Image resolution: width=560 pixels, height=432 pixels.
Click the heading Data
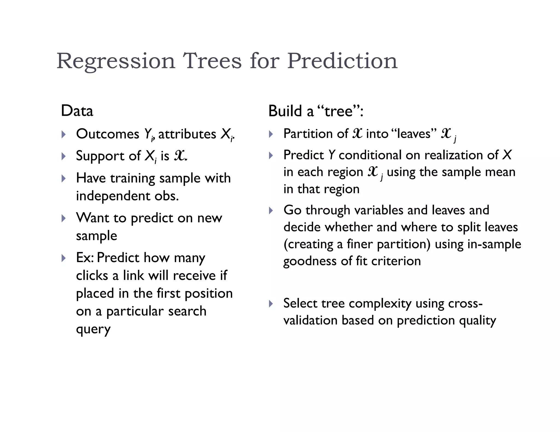click(x=77, y=111)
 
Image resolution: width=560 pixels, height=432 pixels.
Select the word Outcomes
click(x=107, y=134)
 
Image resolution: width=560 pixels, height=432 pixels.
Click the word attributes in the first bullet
click(x=187, y=134)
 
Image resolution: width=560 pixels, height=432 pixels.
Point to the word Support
click(x=100, y=156)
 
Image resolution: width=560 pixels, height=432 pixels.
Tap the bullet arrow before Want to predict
click(x=64, y=218)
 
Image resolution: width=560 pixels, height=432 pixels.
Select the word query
click(x=93, y=330)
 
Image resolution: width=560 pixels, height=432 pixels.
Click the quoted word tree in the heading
click(x=339, y=111)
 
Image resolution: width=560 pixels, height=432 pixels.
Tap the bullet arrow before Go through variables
click(x=271, y=211)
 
